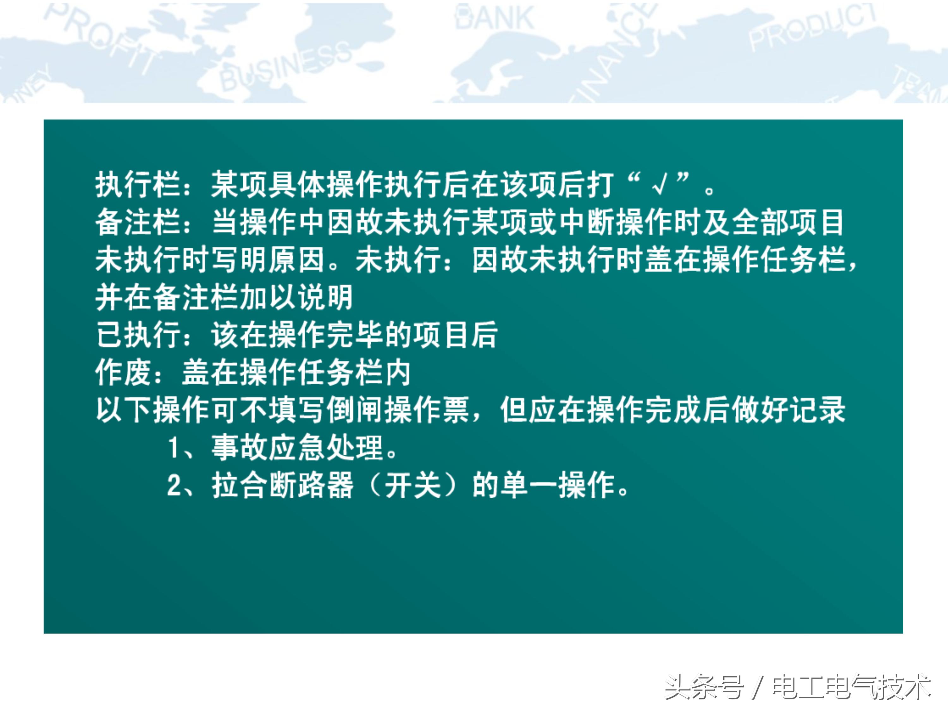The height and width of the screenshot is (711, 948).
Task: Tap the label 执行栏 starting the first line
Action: click(137, 185)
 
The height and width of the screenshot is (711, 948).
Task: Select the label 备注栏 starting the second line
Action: click(137, 222)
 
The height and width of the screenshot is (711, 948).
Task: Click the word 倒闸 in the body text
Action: click(355, 410)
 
